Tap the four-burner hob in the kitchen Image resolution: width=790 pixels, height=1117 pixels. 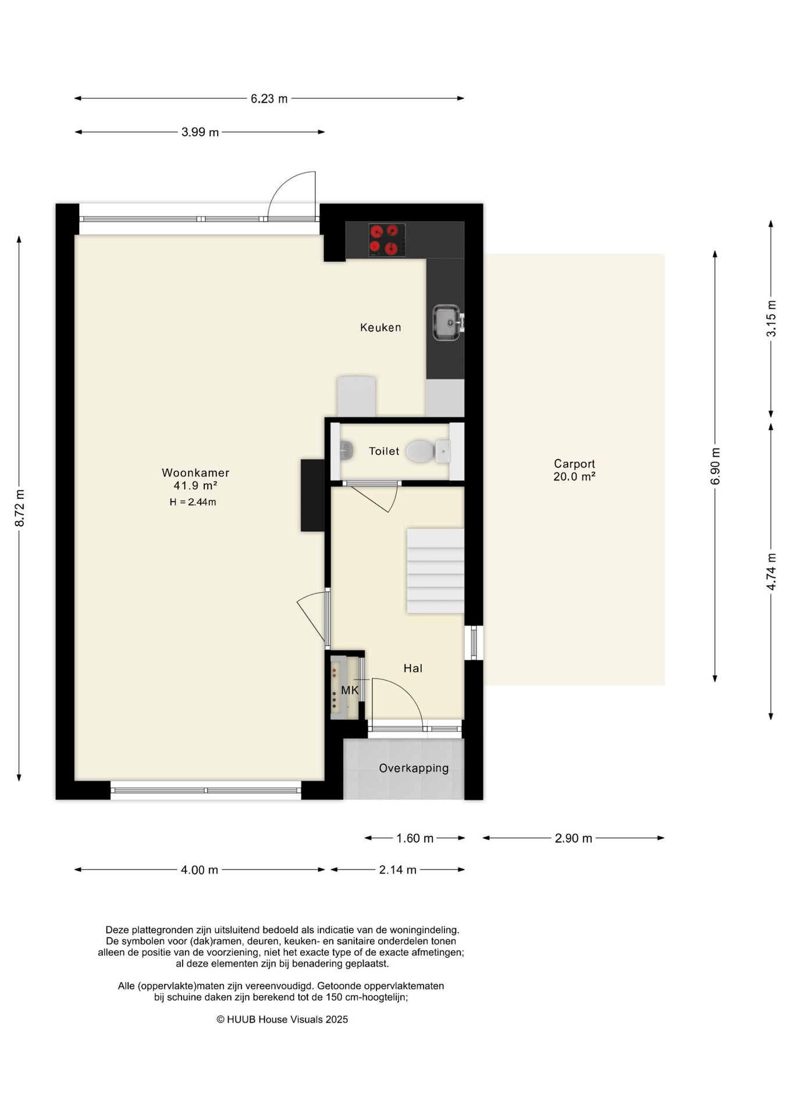(387, 240)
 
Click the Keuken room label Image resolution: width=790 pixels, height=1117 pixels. (380, 328)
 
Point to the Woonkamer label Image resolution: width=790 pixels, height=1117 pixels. (195, 473)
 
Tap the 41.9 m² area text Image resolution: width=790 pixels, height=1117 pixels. (195, 486)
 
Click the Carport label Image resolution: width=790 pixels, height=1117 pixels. (574, 464)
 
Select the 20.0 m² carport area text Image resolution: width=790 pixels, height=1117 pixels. (574, 476)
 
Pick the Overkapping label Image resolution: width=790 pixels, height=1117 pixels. (414, 769)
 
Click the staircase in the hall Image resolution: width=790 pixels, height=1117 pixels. (435, 571)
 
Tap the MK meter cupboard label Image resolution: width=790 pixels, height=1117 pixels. (350, 691)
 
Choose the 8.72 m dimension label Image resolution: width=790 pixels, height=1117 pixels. (20, 508)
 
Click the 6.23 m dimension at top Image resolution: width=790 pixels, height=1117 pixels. (269, 99)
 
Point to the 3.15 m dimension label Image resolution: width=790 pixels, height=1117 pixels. (771, 318)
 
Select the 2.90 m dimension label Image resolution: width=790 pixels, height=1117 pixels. (574, 838)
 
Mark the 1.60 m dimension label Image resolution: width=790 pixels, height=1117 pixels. (415, 838)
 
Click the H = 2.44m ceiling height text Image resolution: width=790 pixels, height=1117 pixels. (193, 502)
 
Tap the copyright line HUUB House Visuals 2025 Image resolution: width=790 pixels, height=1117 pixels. (282, 1019)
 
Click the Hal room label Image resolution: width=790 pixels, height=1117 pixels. (413, 668)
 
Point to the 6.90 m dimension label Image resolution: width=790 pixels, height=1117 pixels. (716, 466)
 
